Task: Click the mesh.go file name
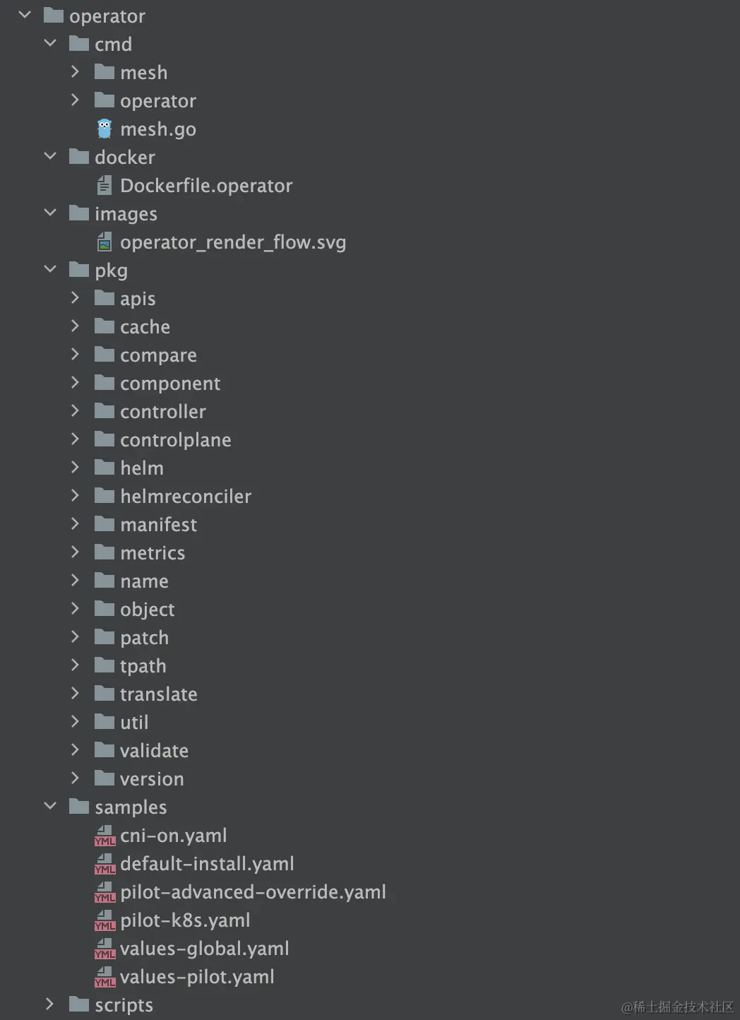point(158,129)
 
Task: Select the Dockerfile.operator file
point(206,186)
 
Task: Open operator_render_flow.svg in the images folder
point(233,242)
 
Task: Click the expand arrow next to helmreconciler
point(75,496)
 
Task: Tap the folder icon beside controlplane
point(105,439)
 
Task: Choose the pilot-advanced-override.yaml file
point(253,892)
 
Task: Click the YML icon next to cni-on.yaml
point(105,836)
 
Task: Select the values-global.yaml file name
point(205,949)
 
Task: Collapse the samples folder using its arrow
point(50,806)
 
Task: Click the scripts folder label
point(124,1005)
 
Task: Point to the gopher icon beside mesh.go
point(105,129)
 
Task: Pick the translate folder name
point(159,694)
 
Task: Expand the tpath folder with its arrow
point(75,665)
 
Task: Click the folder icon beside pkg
point(79,270)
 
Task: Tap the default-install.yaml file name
point(207,864)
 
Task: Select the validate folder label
point(154,751)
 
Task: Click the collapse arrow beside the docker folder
point(50,156)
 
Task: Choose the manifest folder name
point(159,525)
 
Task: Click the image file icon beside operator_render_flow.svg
point(105,242)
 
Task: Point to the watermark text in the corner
point(677,1007)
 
